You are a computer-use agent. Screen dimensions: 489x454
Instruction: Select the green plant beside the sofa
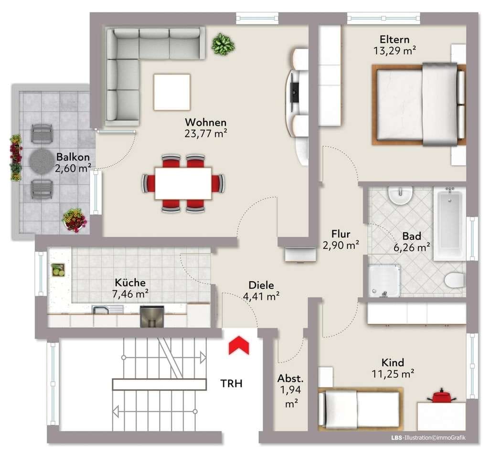pos(223,44)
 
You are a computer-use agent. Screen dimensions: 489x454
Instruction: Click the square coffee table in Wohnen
pos(172,92)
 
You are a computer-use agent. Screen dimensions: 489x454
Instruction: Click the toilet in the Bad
pos(455,280)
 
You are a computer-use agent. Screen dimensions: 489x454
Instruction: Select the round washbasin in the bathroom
pos(401,195)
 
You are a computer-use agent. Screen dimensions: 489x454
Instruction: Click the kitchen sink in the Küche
pos(107,310)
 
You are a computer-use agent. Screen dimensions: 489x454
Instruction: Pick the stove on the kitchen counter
pos(152,316)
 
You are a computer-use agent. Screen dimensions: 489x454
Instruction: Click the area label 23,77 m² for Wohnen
pos(206,134)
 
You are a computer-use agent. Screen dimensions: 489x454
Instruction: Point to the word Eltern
pos(394,39)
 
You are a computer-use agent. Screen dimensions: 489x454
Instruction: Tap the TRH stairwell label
pos(232,383)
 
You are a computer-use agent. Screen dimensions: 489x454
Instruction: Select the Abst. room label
pos(290,379)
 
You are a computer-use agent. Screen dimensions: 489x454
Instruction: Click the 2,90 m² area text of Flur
pos(341,245)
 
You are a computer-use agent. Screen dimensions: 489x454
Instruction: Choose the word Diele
pos(261,285)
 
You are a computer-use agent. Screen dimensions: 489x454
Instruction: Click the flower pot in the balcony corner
pos(74,220)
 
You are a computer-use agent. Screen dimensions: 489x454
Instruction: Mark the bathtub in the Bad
pos(449,223)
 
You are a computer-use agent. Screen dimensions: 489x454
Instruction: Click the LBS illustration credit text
pos(428,438)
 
